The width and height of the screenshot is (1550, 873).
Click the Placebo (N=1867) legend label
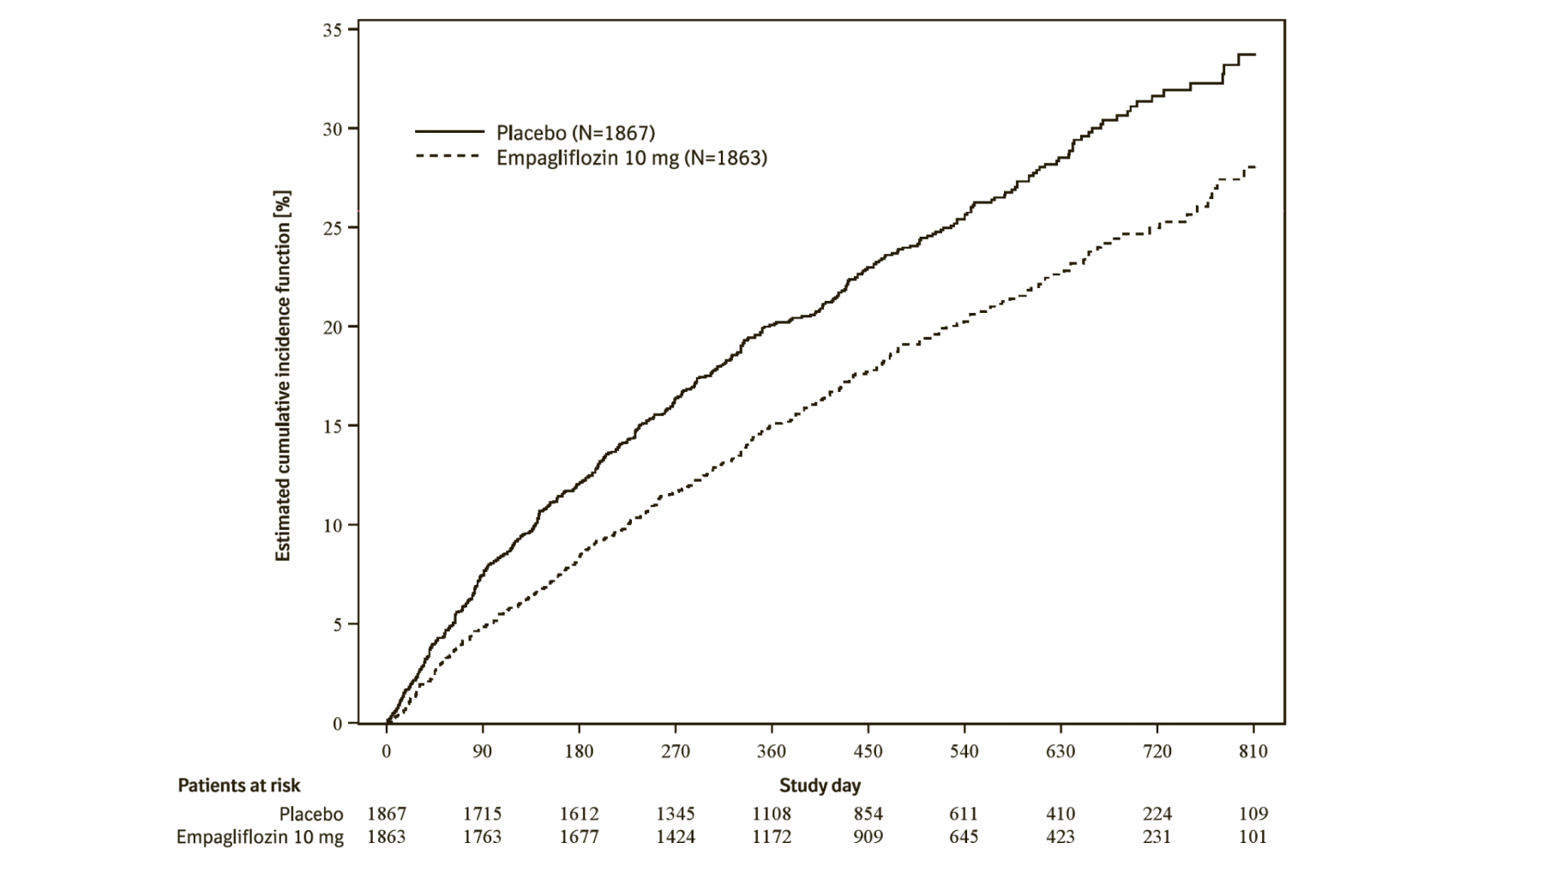point(575,133)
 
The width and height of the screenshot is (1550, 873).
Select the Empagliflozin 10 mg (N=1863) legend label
point(631,158)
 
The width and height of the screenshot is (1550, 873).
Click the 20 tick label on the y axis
point(333,327)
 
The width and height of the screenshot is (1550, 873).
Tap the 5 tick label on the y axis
point(337,624)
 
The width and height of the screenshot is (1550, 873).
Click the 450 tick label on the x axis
point(868,752)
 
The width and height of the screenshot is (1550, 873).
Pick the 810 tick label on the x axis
point(1253,752)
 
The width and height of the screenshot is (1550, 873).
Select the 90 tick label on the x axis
point(483,752)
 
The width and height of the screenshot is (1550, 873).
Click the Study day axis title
point(820,786)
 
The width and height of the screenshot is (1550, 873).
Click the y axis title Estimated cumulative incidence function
point(283,376)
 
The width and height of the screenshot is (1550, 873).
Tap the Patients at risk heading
point(239,786)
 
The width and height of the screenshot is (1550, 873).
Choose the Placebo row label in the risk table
point(311,814)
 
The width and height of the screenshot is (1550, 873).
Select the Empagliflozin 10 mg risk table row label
point(260,837)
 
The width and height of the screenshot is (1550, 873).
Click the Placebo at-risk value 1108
point(772,814)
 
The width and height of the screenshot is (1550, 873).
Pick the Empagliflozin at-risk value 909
point(868,837)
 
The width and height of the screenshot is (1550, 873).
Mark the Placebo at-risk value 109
point(1253,814)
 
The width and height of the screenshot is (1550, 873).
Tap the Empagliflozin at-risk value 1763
point(483,837)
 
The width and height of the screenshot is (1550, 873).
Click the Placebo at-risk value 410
point(1060,814)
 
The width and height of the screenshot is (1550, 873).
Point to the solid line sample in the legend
point(449,132)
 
